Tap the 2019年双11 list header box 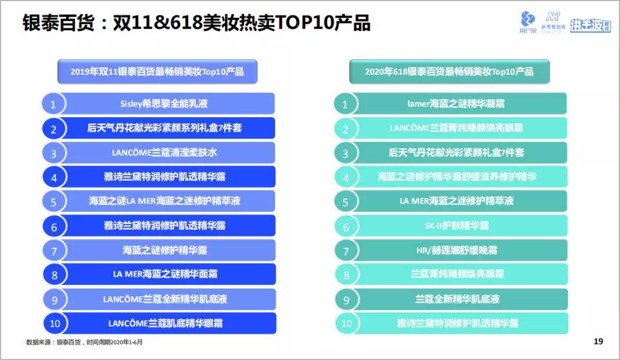tap(157, 72)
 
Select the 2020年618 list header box tap(449, 72)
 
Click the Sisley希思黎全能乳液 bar tap(164, 104)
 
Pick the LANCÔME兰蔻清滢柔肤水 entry tap(164, 153)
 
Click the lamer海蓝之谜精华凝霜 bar tap(456, 104)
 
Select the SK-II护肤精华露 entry tap(456, 226)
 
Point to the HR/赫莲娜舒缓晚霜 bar tap(456, 250)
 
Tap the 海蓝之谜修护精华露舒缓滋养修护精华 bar tap(456, 177)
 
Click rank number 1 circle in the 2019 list tap(53, 104)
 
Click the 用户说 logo tap(528, 22)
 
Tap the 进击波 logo tap(590, 25)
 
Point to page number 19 tap(598, 342)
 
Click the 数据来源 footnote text tap(84, 342)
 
